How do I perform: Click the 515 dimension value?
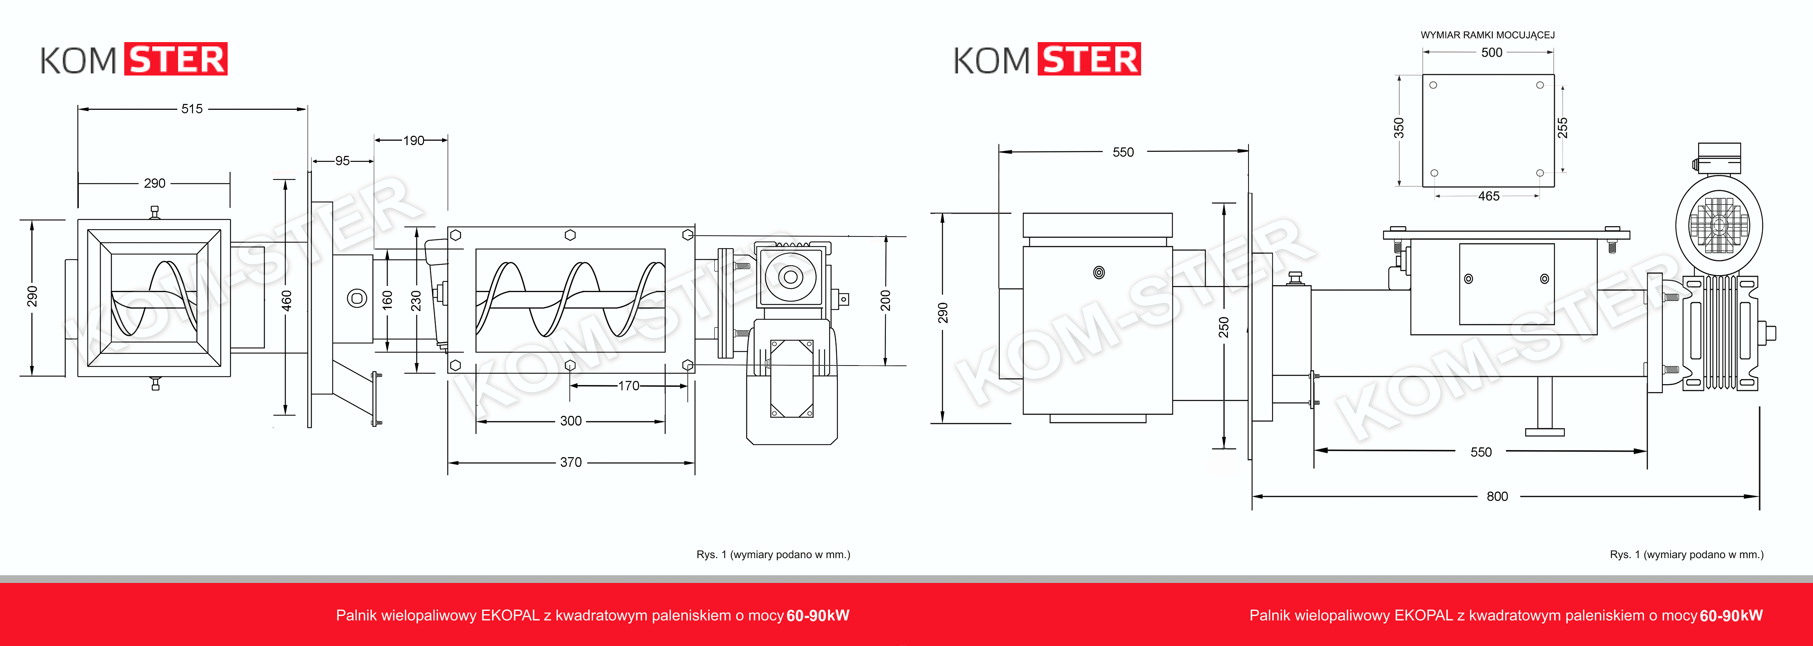coord(192,108)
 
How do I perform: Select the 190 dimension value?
coord(414,140)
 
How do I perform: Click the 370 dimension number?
coord(571,462)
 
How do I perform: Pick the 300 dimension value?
coord(571,421)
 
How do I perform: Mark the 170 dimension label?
coord(629,385)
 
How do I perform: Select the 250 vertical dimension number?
coord(1224,327)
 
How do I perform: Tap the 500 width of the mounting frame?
coord(1491,52)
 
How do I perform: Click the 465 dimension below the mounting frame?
coord(1489,196)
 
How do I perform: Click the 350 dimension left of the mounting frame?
coord(1399,128)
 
